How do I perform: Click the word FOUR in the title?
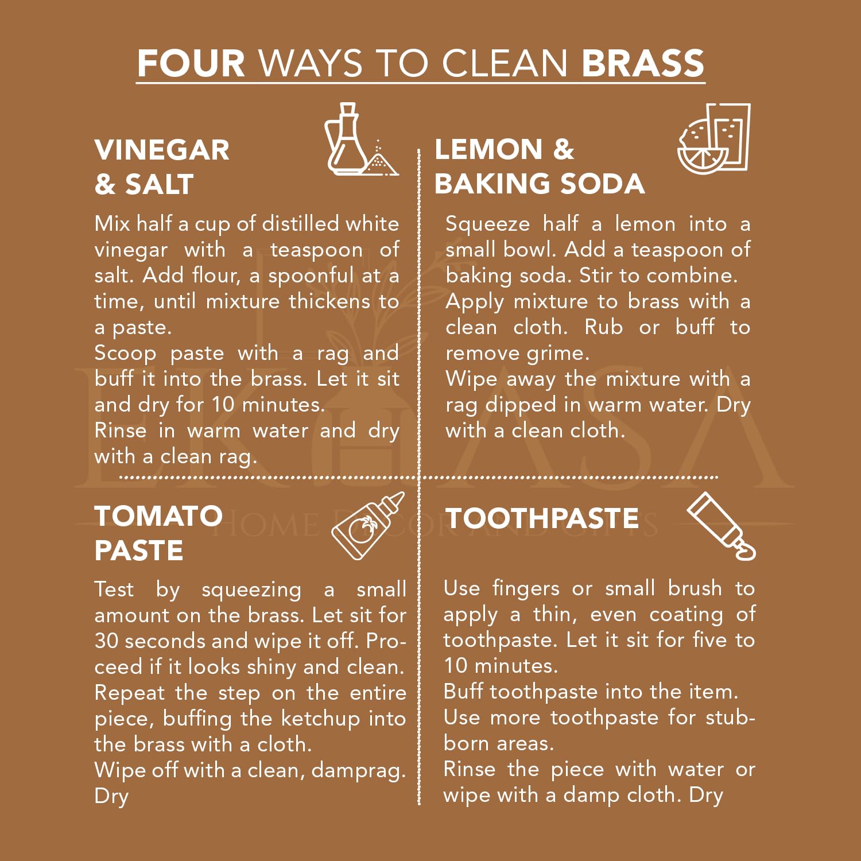(191, 63)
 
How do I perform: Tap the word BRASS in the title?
(643, 63)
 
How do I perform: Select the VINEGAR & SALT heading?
(162, 167)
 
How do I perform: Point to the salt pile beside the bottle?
(380, 160)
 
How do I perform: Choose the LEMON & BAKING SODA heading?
(540, 166)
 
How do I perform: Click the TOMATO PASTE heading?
(158, 533)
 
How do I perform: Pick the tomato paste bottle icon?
(368, 526)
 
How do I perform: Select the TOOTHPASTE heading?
(542, 518)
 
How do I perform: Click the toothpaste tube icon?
(722, 526)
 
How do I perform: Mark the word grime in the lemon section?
(558, 354)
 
